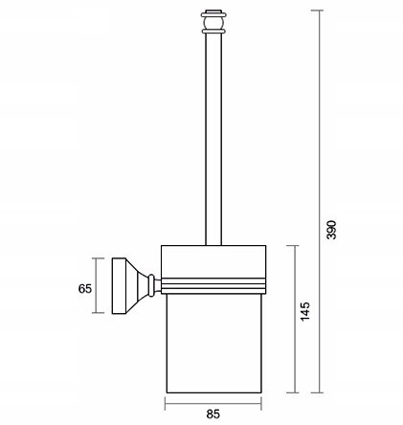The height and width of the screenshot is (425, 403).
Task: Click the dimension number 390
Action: (332, 230)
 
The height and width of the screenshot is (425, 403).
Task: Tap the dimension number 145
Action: (305, 311)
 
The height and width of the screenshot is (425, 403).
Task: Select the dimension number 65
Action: (85, 289)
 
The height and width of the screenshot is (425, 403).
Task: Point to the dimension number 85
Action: (213, 414)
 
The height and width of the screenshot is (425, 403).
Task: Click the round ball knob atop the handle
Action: (213, 23)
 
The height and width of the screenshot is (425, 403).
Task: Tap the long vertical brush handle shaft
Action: (213, 139)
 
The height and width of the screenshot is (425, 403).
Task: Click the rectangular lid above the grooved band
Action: (213, 261)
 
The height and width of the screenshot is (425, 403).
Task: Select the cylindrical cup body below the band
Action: (214, 344)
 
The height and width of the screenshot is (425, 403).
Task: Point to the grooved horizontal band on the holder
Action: (213, 286)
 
